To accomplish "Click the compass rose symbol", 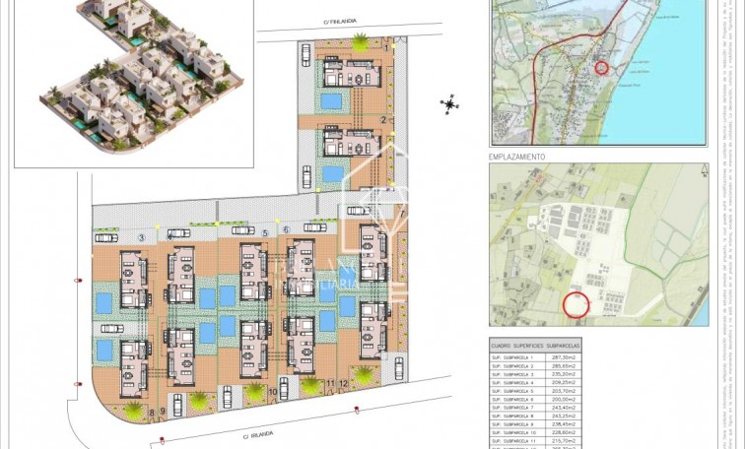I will pyautogui.click(x=449, y=104).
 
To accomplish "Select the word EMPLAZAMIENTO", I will pyautogui.click(x=517, y=157).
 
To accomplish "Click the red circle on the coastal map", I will pyautogui.click(x=601, y=67).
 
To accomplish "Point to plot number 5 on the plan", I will pyautogui.click(x=265, y=232).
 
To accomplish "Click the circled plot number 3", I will pyautogui.click(x=142, y=237).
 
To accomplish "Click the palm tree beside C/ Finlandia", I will pyautogui.click(x=361, y=42).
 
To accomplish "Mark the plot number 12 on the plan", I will pyautogui.click(x=345, y=382).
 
